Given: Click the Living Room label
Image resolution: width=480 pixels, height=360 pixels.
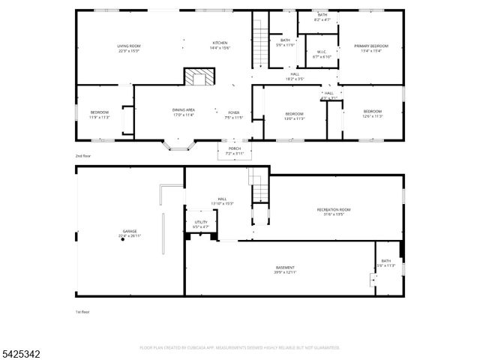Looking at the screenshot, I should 128,46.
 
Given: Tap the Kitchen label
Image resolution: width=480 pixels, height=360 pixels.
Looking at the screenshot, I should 220,43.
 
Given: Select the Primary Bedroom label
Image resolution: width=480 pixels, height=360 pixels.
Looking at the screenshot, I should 366,46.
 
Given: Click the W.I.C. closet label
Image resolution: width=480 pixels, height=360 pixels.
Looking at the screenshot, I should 321,52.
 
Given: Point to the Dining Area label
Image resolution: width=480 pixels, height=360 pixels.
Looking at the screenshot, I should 184,109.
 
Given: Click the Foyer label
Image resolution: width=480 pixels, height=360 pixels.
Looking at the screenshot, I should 235,112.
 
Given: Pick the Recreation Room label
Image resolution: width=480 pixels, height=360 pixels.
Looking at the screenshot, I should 334,209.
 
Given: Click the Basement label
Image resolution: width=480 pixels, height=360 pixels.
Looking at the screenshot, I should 285,268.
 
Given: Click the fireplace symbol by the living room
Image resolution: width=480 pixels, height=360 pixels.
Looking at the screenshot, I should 199,78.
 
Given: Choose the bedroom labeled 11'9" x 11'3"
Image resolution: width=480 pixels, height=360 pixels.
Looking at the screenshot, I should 100,112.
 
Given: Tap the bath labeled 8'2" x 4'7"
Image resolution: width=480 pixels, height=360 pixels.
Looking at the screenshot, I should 322,17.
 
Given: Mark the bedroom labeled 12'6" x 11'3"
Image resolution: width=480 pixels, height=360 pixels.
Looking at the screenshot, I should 373,112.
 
